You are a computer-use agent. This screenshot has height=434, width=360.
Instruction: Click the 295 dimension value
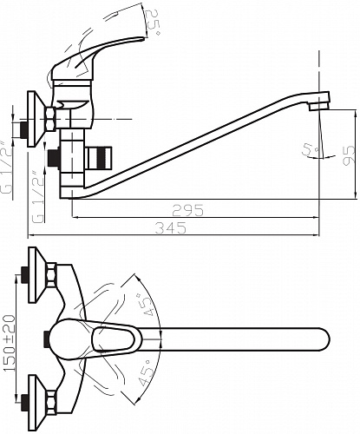(x=187, y=210)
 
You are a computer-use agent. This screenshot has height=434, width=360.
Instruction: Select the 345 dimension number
(x=171, y=228)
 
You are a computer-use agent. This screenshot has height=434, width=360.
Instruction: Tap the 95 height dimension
(x=348, y=155)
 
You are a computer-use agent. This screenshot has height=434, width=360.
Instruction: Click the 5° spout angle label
(x=310, y=149)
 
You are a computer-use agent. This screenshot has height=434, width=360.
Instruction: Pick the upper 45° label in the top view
(x=146, y=306)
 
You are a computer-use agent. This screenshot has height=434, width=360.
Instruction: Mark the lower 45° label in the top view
(x=145, y=373)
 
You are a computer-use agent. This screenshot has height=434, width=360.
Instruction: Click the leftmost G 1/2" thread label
(x=6, y=167)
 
